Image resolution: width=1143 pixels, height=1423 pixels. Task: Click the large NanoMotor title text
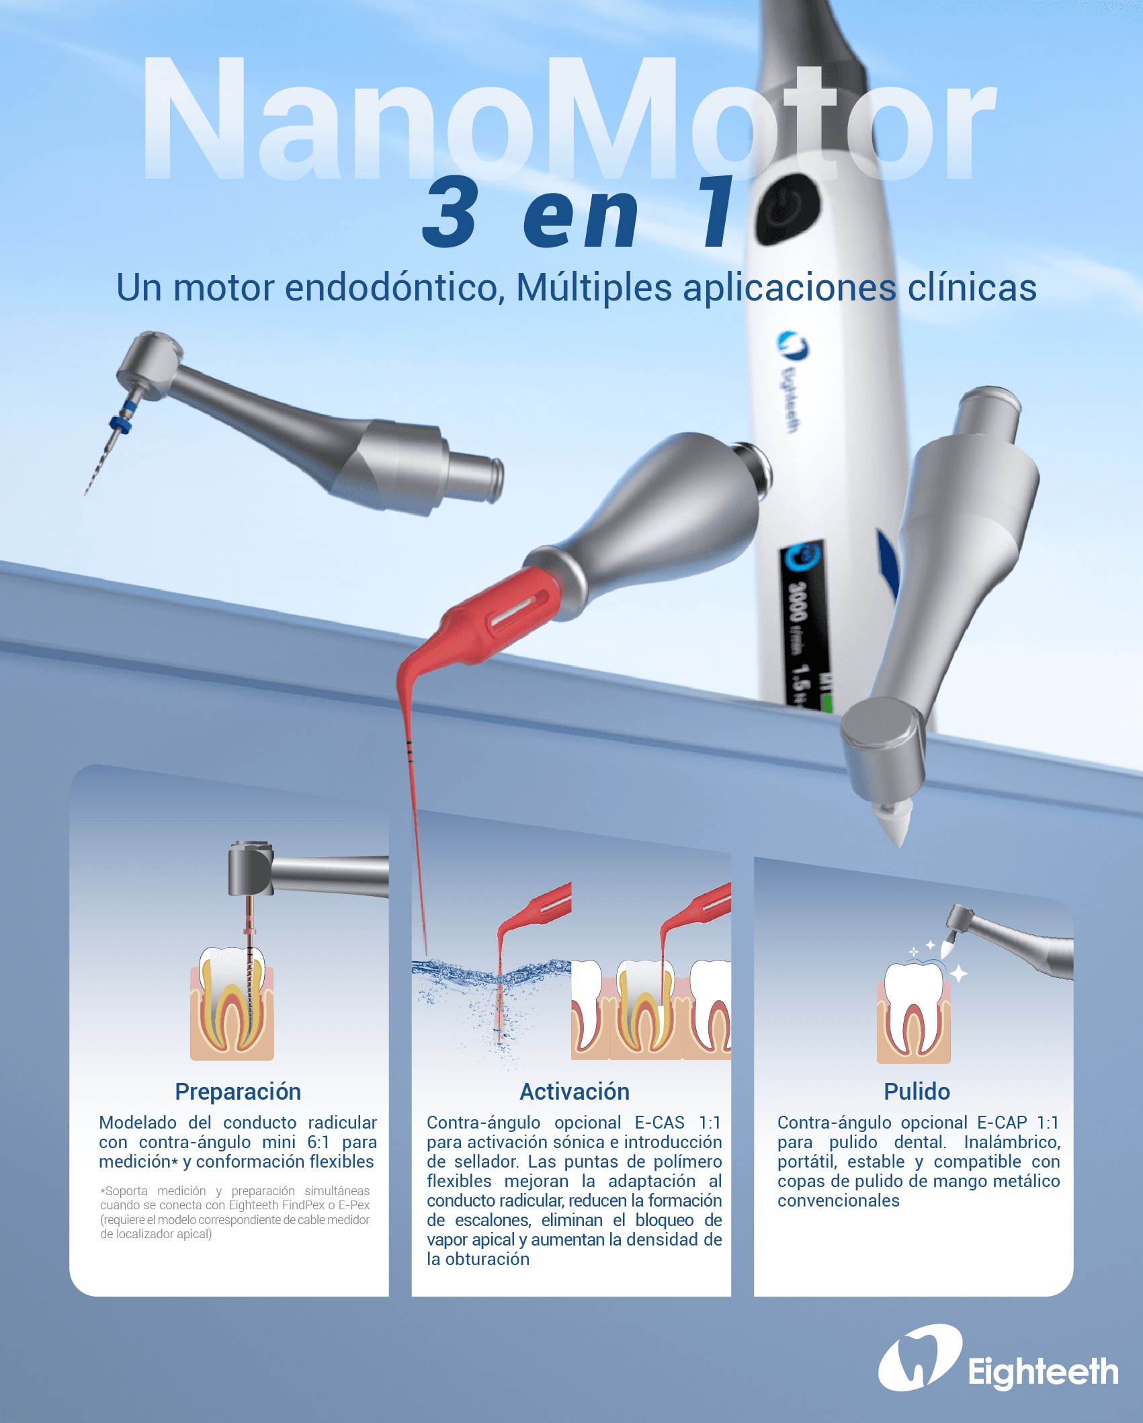568,120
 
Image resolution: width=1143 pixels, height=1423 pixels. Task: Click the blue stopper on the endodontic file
122,423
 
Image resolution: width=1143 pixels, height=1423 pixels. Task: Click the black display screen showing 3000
805,625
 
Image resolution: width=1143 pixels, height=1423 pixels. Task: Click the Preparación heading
238,1092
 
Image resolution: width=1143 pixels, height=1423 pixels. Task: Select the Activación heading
575,1092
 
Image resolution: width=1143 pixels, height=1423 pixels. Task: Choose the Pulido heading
917,1092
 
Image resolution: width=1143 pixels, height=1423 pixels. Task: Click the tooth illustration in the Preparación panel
232,1002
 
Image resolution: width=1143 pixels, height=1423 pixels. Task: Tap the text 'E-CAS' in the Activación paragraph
659,1123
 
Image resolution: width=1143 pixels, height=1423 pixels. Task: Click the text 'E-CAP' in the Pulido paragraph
1001,1123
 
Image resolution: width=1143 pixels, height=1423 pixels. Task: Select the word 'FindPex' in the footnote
304,1205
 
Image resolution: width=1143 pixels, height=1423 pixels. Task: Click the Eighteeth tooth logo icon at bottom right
919,1358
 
